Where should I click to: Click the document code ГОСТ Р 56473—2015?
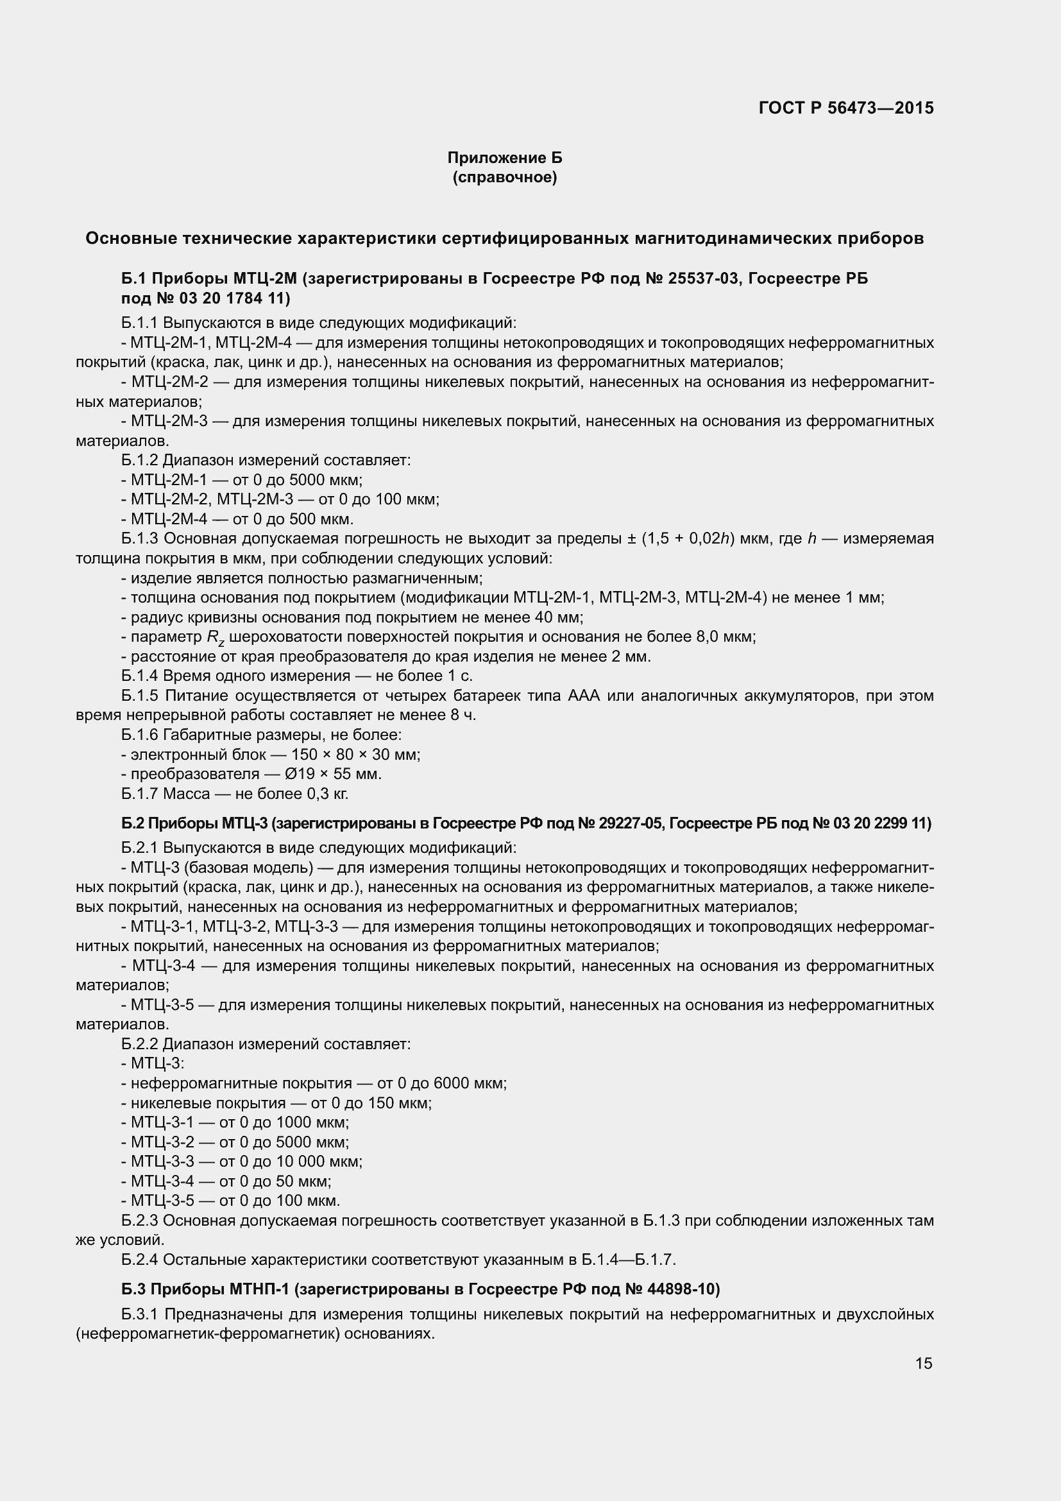(x=846, y=108)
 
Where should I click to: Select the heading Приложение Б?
(x=504, y=158)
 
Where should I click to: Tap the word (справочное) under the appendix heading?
(x=504, y=177)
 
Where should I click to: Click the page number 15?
(x=923, y=1363)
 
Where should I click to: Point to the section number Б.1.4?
(x=140, y=676)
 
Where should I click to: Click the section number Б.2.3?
(x=140, y=1221)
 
